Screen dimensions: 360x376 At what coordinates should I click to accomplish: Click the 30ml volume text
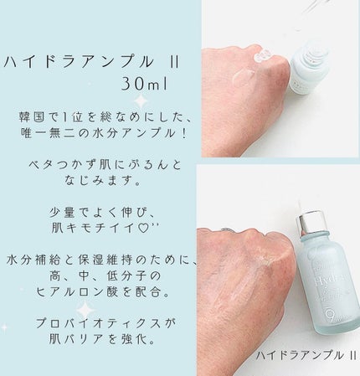point(144,84)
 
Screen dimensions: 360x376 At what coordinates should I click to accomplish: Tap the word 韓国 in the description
point(32,117)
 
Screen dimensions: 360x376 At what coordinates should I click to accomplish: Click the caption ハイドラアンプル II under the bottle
point(306,355)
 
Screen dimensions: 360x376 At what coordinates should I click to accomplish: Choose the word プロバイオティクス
point(99,323)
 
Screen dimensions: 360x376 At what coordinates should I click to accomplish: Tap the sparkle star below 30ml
point(141,101)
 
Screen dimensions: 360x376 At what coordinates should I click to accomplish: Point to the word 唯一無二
point(47,134)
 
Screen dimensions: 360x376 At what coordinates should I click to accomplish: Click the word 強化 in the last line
point(135,339)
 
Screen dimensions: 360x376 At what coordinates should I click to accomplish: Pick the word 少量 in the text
point(62,213)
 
